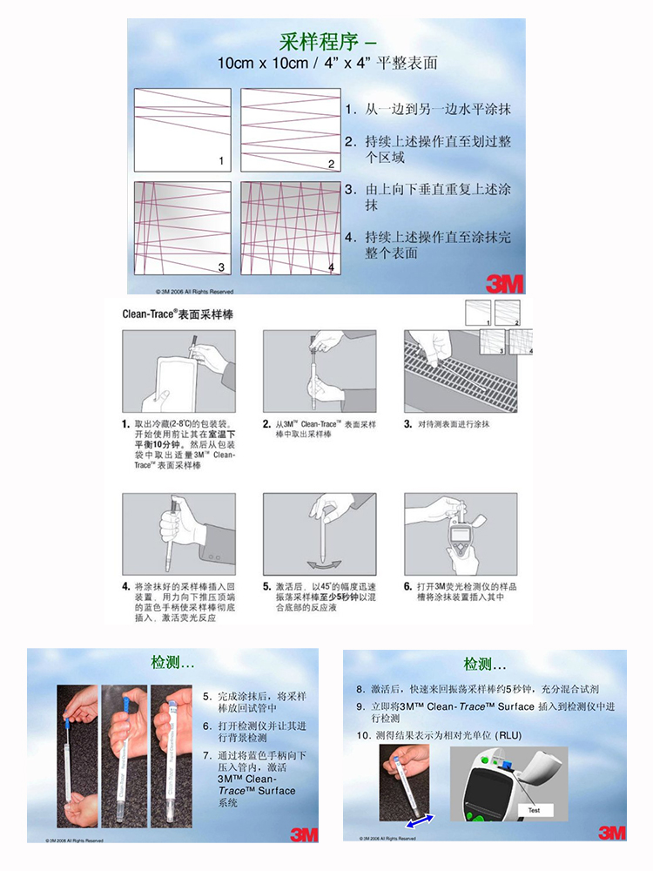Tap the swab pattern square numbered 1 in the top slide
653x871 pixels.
pos(182,129)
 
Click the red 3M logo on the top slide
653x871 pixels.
pos(502,282)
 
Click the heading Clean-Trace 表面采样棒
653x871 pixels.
pos(178,311)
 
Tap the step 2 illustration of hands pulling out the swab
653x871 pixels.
pos(320,370)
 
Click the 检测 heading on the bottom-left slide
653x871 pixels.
pos(172,664)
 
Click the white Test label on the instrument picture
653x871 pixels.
pos(534,810)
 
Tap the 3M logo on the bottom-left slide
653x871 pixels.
pos(303,834)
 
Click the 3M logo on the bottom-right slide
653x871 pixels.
pos(611,832)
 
